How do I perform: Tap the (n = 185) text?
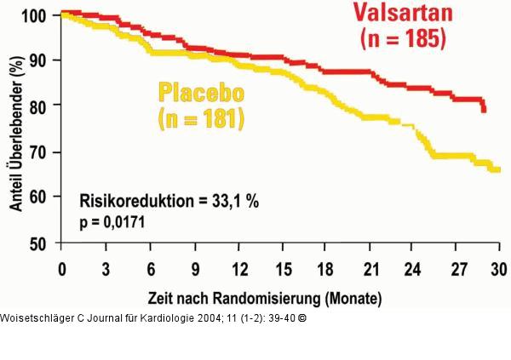tap(403, 39)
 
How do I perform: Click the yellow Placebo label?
tap(201, 92)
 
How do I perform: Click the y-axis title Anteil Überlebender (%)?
tap(15, 128)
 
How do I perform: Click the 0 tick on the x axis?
tap(62, 270)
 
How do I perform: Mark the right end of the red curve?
tap(484, 109)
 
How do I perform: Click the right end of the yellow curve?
tap(497, 170)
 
